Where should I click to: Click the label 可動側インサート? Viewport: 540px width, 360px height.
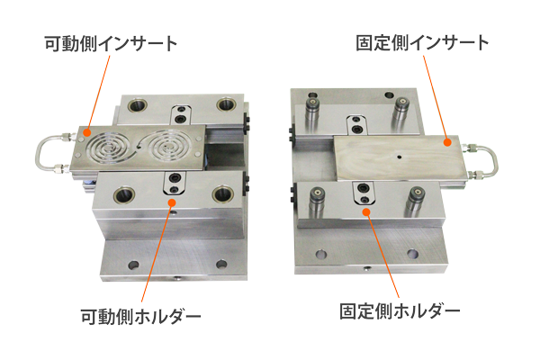(111, 44)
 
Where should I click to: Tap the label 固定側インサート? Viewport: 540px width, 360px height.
(422, 42)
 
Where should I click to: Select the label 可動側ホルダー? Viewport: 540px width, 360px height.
(140, 316)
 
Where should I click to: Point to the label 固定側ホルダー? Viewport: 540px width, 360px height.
(400, 311)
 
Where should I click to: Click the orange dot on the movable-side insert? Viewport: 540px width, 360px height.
(87, 132)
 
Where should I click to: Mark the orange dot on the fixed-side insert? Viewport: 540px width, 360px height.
(447, 142)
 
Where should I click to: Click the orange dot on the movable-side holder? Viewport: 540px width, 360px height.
(172, 202)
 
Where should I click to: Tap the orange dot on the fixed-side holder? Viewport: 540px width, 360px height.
(367, 211)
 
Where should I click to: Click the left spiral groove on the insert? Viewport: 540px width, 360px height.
(109, 148)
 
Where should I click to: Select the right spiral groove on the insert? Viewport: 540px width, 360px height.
(168, 147)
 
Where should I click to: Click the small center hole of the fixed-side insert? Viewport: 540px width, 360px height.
(399, 157)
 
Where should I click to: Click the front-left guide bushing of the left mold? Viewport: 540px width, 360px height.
(124, 195)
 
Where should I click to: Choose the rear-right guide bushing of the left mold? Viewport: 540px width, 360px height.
(226, 103)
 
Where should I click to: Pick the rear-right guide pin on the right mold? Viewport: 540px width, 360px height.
(400, 112)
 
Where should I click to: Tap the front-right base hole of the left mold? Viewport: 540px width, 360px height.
(221, 265)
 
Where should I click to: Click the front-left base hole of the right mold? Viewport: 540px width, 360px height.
(321, 254)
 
